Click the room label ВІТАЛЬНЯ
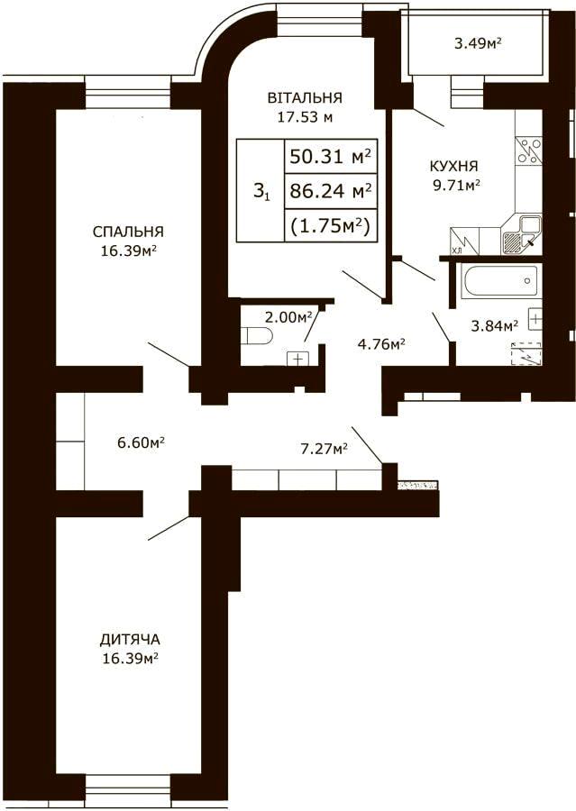click(305, 97)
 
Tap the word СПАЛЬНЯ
click(128, 232)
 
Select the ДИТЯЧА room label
click(130, 640)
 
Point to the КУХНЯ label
click(454, 166)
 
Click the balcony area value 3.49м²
click(479, 44)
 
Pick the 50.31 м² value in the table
click(331, 156)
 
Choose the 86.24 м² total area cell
click(331, 191)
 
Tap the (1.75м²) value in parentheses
click(331, 226)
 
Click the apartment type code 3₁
click(261, 193)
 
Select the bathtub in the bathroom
click(501, 281)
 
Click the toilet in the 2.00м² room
click(257, 336)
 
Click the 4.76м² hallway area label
click(381, 344)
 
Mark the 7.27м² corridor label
click(324, 449)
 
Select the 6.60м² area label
click(142, 442)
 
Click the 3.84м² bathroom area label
click(495, 326)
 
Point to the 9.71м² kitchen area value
click(455, 185)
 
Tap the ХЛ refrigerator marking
click(457, 251)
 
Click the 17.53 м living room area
click(305, 117)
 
